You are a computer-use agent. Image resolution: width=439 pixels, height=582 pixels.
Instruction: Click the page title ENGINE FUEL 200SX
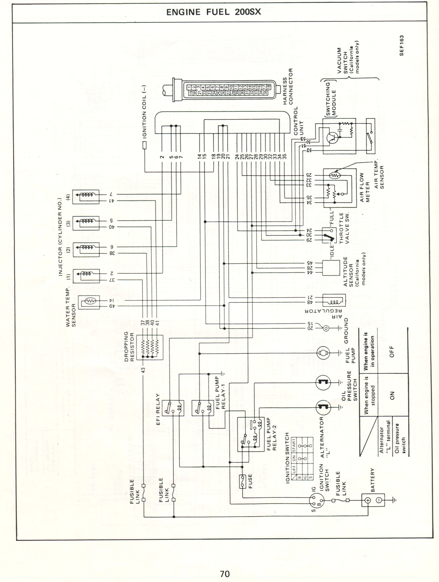point(214,12)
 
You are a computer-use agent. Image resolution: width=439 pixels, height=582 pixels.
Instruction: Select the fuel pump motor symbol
point(323,353)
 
